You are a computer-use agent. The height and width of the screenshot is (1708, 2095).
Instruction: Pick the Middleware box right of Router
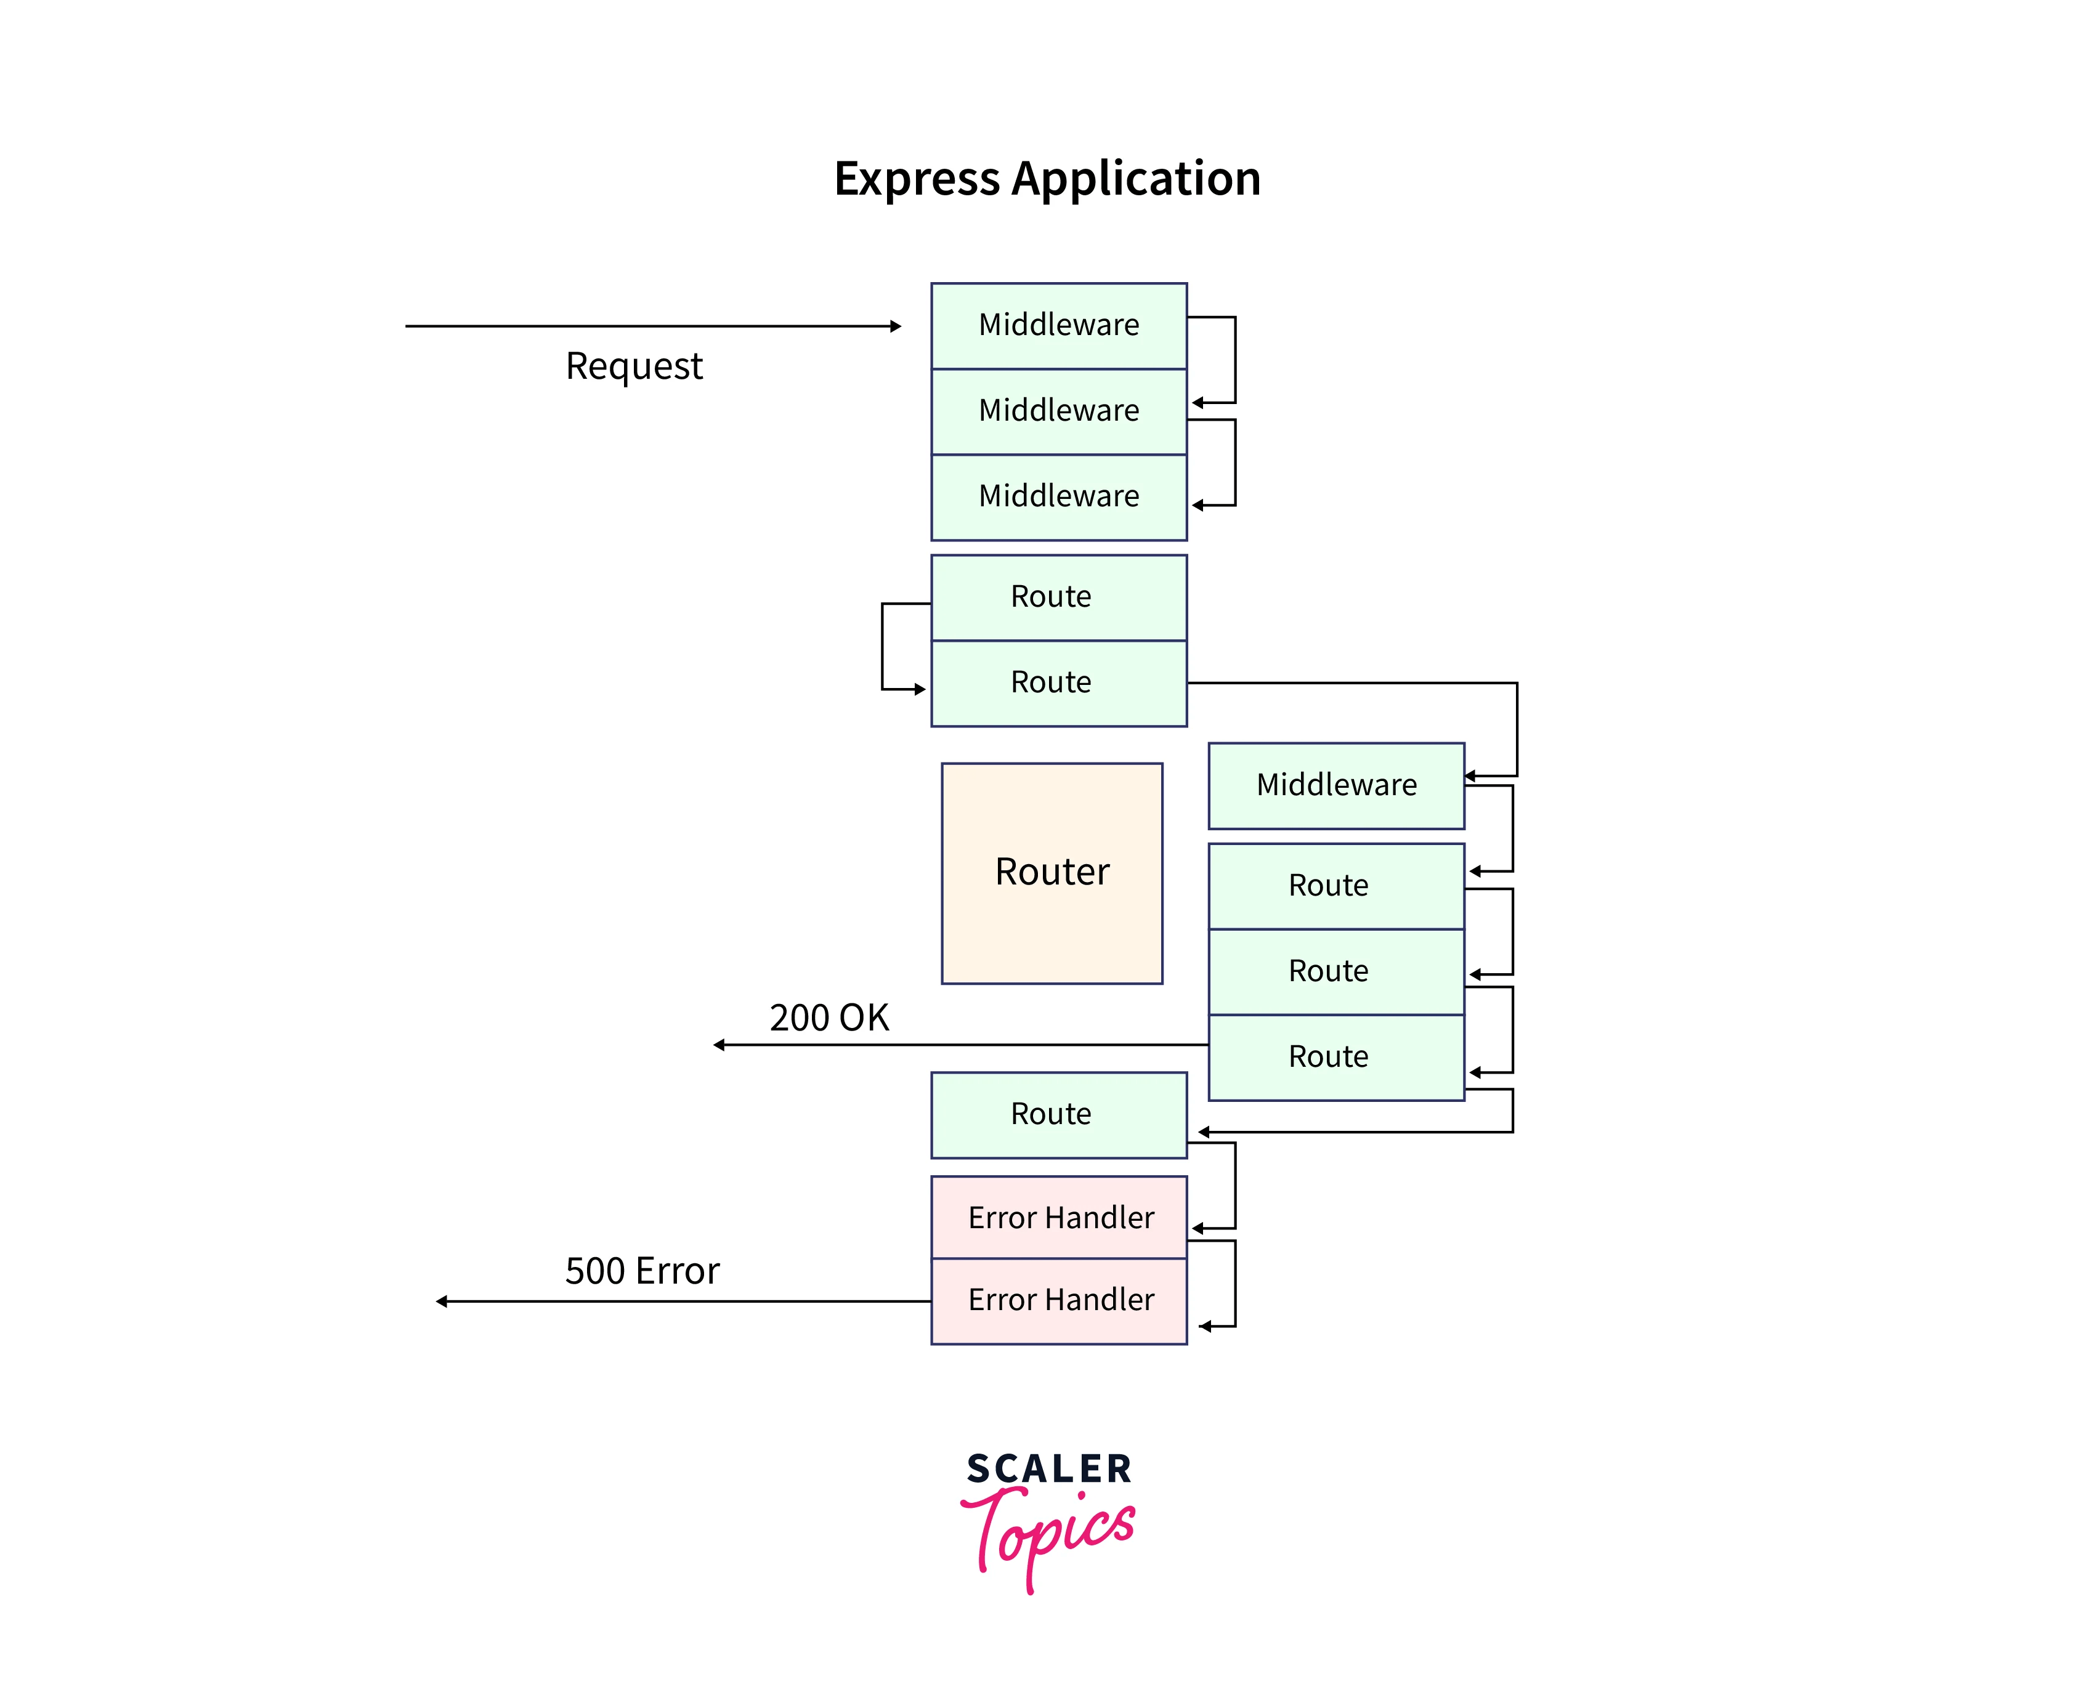(1335, 785)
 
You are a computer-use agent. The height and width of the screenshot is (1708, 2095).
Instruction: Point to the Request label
(634, 366)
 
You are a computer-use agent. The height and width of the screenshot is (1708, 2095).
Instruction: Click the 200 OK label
(829, 1018)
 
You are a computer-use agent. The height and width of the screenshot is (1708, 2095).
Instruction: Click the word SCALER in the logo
(1049, 1469)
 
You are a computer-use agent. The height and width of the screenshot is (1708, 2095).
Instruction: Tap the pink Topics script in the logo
(1047, 1531)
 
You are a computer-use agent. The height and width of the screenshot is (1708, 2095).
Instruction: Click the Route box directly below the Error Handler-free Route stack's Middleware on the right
(1335, 886)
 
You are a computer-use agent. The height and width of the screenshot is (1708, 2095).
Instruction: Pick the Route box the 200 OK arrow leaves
(1335, 1057)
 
